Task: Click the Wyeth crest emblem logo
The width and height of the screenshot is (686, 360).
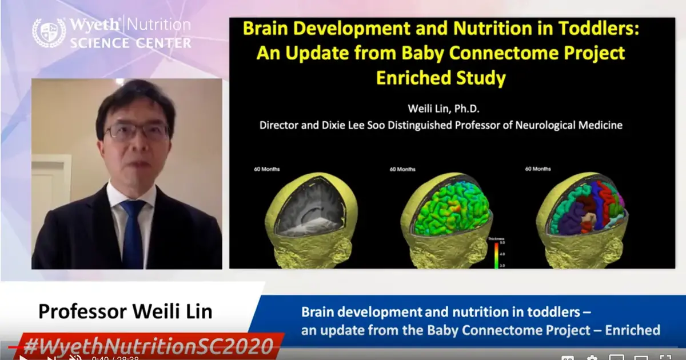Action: [48, 33]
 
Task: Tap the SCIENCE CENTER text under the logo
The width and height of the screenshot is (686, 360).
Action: [131, 43]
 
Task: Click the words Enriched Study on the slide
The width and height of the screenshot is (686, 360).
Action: [441, 78]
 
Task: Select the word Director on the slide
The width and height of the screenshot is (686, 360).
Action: [279, 124]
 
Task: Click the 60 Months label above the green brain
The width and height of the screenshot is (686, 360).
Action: [402, 169]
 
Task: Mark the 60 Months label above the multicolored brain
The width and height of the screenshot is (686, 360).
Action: [538, 169]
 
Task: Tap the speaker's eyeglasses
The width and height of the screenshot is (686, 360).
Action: [137, 131]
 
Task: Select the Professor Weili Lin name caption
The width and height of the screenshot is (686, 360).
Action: [125, 312]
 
